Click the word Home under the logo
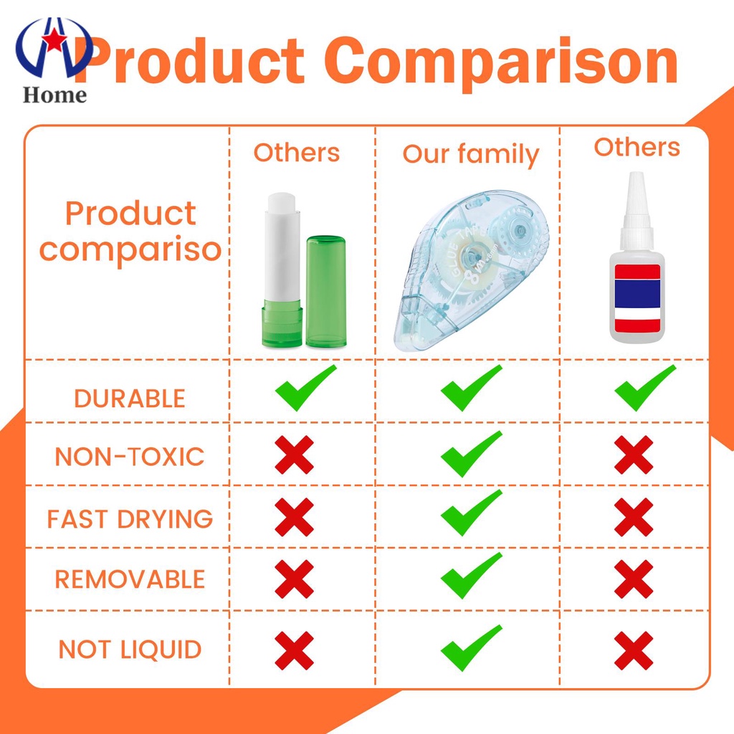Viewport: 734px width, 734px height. pos(54,95)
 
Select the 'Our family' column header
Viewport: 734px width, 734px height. pos(470,155)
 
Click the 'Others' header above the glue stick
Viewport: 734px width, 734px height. pos(297,153)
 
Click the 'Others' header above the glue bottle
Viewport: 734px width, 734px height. pos(637,147)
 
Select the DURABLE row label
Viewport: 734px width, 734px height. pos(130,399)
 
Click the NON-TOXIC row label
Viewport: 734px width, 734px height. pos(130,457)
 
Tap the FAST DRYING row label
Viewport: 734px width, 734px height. pos(130,519)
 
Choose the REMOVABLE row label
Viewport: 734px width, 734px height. pos(130,579)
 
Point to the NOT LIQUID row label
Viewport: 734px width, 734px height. pos(130,649)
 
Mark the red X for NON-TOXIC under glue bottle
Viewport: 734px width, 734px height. pos(634,454)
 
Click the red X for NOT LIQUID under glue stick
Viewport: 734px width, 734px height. pos(294,650)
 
